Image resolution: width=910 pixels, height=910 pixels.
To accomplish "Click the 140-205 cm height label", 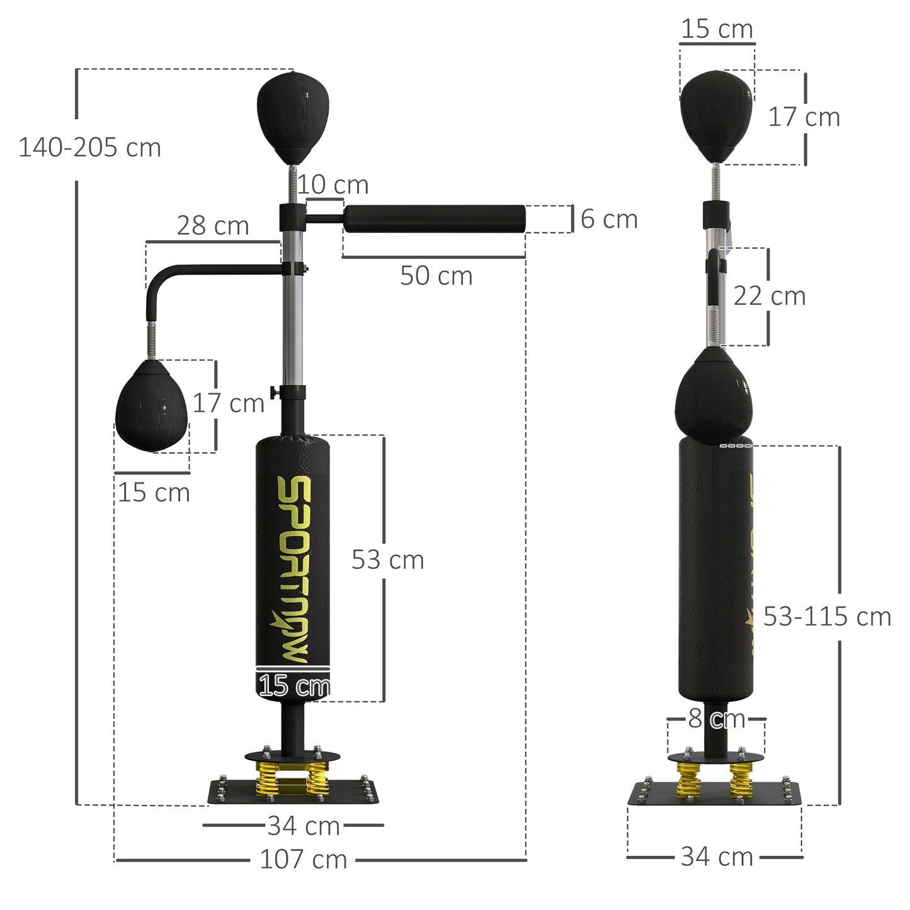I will pos(89,148).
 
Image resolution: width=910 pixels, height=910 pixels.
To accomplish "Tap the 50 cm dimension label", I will pos(436,276).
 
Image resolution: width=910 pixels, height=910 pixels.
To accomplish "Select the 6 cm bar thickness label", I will pos(608,219).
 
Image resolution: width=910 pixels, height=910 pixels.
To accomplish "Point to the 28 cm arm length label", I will pos(212,225).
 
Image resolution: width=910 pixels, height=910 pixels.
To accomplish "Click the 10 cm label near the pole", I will pos(333,185).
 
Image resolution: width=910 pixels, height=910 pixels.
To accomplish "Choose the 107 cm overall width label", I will pos(303,859).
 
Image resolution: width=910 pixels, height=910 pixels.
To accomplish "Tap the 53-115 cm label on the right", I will pos(826,617).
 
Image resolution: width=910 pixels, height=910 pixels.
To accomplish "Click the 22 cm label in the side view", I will pos(769,296).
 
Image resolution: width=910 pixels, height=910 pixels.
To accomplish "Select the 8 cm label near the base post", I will pos(716,718).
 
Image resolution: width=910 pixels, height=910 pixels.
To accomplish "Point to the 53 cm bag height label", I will pos(387,560).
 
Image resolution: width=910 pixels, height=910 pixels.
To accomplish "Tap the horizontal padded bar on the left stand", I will pos(434,219).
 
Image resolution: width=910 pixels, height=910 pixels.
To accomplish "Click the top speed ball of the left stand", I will pos(293,117).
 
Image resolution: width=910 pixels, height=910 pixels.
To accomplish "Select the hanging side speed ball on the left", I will pos(151,406).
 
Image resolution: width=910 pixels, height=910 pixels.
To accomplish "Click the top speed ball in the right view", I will pos(716,115).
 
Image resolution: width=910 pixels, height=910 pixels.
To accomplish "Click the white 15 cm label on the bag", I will pos(293,686).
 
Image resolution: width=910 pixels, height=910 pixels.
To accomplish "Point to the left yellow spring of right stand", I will pos(689,780).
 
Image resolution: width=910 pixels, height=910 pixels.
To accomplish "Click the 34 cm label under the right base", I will pos(716,856).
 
